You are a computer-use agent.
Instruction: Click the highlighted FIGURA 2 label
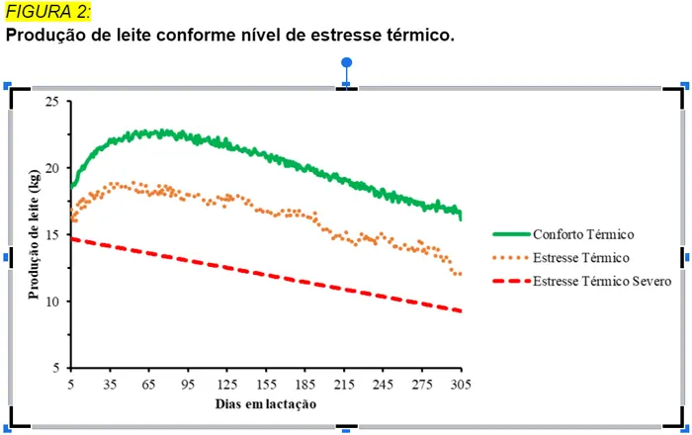[x=48, y=11]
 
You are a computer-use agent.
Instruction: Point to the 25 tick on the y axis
[x=51, y=102]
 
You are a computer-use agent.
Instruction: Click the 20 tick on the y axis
[x=51, y=168]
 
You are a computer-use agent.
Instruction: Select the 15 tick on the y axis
[x=51, y=234]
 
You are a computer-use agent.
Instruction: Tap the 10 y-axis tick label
[x=51, y=301]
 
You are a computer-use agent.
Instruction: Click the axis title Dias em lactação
[x=267, y=403]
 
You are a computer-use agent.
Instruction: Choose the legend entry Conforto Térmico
[x=583, y=234]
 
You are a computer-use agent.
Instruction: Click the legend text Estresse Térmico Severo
[x=603, y=281]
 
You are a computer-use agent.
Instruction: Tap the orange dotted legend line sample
[x=510, y=258]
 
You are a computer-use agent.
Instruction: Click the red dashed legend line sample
[x=510, y=281]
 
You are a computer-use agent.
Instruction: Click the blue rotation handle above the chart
[x=346, y=63]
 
